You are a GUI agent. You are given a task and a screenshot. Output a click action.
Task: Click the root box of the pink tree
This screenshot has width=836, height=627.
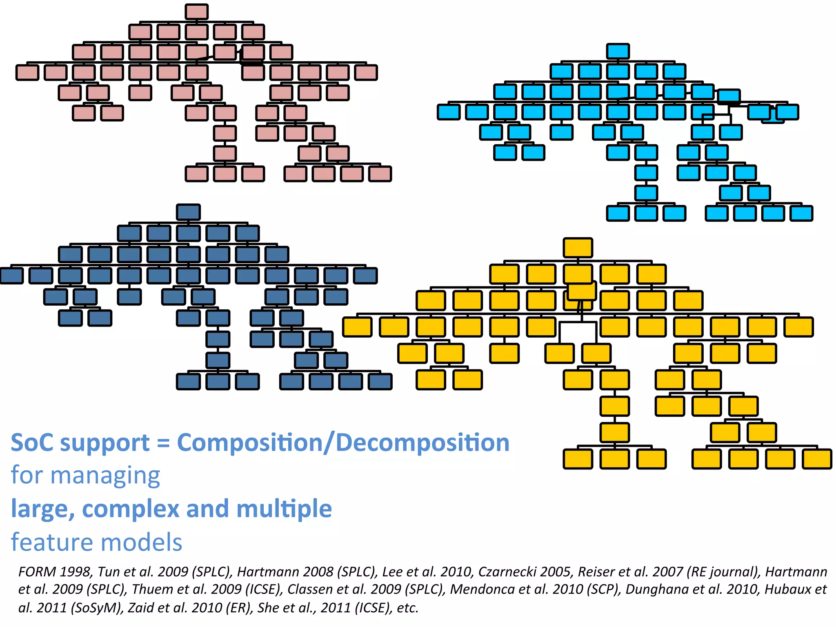(196, 12)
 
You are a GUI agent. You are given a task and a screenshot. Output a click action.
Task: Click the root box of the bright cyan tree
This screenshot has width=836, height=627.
(618, 51)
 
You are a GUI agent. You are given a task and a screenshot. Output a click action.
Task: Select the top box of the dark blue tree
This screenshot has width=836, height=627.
(188, 212)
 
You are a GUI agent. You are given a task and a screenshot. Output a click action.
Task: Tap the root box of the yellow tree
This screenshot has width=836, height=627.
(578, 248)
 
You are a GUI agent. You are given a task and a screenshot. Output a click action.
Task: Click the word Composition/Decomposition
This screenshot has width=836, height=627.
(343, 443)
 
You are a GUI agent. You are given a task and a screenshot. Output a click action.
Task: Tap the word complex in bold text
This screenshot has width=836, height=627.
(131, 509)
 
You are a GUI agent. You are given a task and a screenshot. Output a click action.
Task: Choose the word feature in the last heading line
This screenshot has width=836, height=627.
(52, 543)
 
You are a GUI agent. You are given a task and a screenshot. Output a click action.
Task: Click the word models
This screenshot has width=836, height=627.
(141, 543)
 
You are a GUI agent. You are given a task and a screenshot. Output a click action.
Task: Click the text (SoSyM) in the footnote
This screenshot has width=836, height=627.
(96, 608)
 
